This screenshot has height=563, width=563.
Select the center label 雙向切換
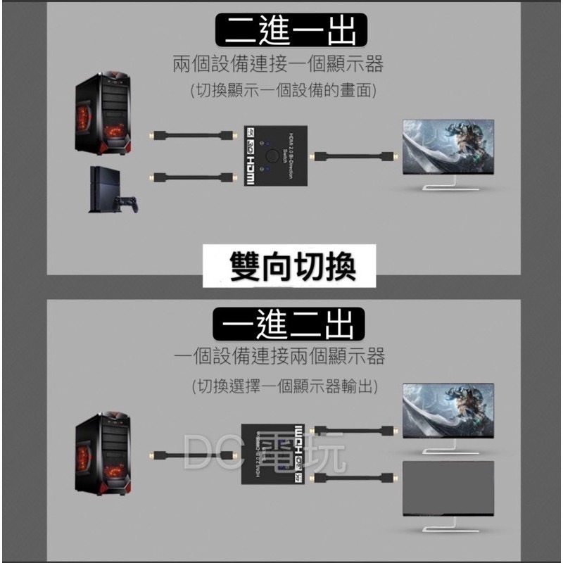click(292, 267)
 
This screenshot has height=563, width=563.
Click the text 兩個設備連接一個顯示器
click(278, 65)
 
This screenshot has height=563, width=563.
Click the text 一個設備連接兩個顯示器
click(279, 356)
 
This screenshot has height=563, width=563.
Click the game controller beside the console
click(128, 205)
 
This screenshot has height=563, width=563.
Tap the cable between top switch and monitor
click(355, 155)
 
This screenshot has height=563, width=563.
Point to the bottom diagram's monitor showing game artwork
click(448, 412)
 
